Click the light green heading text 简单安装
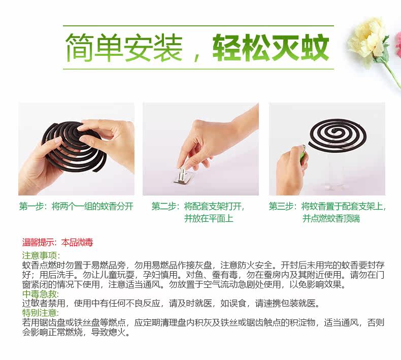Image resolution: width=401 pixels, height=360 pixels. (123, 48)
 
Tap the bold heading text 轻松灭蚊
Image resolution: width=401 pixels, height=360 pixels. (271, 48)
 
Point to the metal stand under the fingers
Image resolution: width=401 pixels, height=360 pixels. (183, 176)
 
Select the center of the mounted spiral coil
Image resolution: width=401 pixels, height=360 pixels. (335, 132)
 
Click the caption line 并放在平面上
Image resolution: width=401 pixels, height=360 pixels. (209, 218)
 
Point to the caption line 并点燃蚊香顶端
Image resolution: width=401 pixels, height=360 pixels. (331, 218)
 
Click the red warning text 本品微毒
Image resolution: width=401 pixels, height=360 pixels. (77, 242)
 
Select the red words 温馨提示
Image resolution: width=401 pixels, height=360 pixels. (38, 242)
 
